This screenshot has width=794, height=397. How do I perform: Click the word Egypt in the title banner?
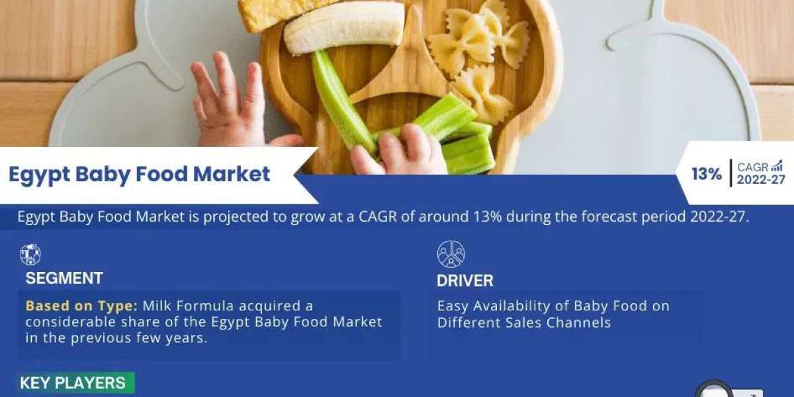[39, 175]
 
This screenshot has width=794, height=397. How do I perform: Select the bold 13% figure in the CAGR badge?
[707, 174]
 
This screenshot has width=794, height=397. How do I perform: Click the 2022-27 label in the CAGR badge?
[761, 180]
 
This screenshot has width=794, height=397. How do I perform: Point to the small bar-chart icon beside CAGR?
[777, 165]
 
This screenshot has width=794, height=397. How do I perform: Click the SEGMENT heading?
[64, 279]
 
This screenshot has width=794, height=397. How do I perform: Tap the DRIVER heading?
[464, 281]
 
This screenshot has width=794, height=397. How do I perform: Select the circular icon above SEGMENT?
[30, 255]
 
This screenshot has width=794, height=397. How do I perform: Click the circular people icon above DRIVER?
[451, 254]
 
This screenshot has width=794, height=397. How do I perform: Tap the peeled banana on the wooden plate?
[344, 28]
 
